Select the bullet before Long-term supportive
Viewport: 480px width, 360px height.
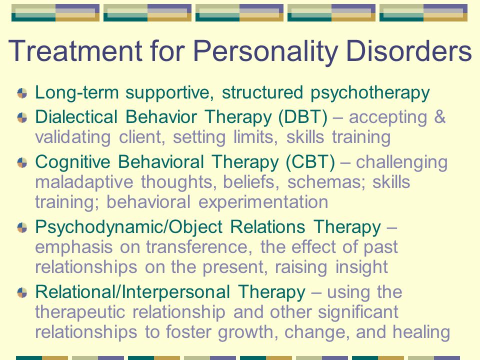click(x=22, y=93)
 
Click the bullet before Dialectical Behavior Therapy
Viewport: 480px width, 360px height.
click(x=22, y=117)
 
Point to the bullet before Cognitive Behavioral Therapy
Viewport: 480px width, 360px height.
click(x=22, y=162)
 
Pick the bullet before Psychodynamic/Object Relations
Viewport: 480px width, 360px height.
click(x=22, y=227)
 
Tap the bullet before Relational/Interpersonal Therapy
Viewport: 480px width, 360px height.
click(x=22, y=292)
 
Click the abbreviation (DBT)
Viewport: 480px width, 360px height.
click(x=303, y=117)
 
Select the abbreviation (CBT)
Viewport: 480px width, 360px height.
click(x=310, y=162)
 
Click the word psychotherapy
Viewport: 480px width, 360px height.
click(x=370, y=93)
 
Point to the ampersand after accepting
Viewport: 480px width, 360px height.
click(x=440, y=117)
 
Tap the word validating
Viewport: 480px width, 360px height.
click(x=73, y=137)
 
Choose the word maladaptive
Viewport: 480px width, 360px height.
click(x=84, y=182)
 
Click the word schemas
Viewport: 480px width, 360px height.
click(x=326, y=182)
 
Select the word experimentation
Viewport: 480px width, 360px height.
click(x=263, y=202)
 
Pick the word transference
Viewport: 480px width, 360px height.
click(x=199, y=247)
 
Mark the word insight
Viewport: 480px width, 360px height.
click(x=361, y=267)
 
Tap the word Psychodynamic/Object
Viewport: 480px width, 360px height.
click(x=129, y=227)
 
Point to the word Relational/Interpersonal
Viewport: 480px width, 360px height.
click(x=132, y=292)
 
